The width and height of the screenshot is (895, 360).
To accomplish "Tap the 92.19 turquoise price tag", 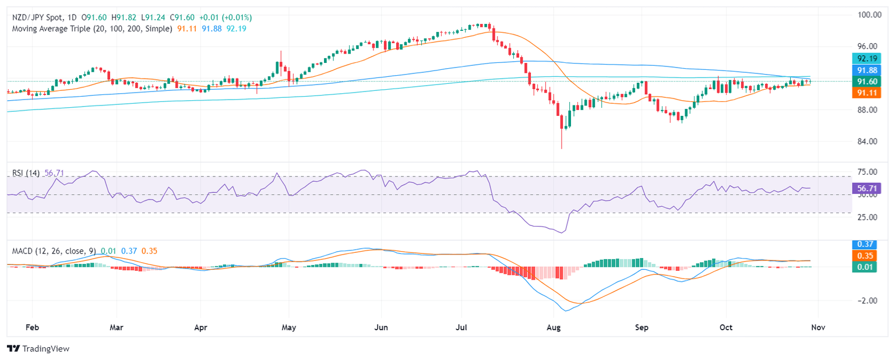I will point(868,58).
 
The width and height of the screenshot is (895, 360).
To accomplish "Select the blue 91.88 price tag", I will point(868,70).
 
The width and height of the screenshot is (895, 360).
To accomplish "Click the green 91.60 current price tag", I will point(868,81).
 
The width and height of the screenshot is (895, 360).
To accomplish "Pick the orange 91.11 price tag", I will point(868,93).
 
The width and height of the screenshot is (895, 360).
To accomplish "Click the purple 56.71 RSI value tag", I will point(868,188).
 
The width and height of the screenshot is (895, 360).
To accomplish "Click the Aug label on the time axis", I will point(554,327).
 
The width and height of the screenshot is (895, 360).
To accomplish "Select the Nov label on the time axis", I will point(818,327).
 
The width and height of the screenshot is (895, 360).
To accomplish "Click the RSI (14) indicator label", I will point(26,173).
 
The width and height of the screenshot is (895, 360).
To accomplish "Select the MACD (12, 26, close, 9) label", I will point(53,251).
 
